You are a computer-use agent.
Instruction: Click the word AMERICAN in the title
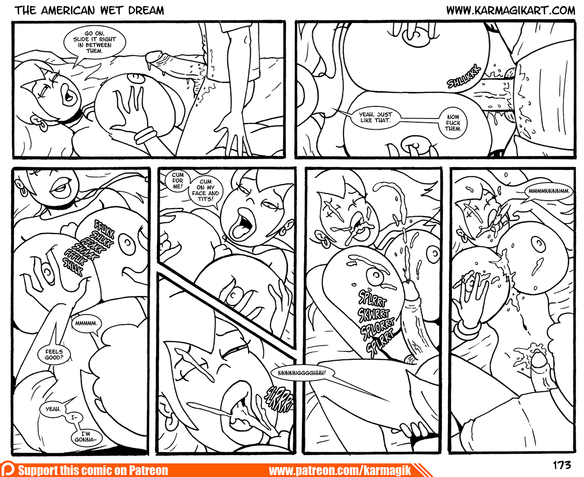pos(68,11)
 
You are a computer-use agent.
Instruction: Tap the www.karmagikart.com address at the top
pos(511,11)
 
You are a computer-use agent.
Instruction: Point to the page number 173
pos(562,465)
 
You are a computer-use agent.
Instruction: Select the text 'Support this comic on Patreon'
pos(93,470)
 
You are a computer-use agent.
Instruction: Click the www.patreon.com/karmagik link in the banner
pos(340,470)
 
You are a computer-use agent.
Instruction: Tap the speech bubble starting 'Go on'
pos(94,43)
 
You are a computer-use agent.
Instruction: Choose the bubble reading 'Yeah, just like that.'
pos(376,117)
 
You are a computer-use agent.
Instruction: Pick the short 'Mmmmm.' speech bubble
pos(86,323)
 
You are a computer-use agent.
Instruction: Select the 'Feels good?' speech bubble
pos(54,354)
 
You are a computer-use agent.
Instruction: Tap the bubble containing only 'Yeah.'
pos(53,409)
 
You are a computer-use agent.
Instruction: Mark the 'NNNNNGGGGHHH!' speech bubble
pos(302,373)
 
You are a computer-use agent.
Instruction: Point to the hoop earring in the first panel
pos(43,126)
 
